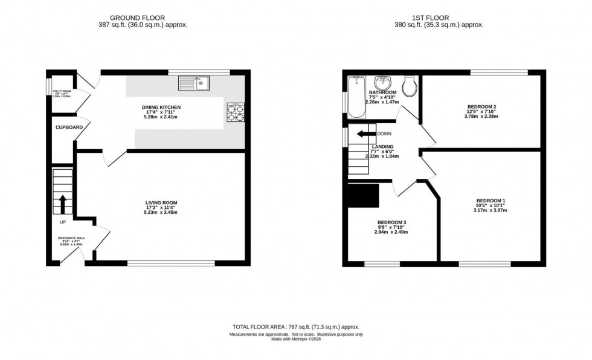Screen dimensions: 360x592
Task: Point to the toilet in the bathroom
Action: (x=409, y=86)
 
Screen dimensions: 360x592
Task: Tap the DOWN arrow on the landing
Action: (x=365, y=134)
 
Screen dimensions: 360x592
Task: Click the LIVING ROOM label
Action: (x=161, y=203)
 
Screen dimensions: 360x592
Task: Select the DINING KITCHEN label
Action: (x=161, y=108)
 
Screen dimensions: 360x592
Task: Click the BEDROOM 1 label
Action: (x=491, y=201)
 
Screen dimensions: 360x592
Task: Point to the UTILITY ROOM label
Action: (x=63, y=91)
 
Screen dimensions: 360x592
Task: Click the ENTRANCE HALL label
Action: (x=67, y=238)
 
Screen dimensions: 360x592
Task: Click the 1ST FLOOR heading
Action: (x=439, y=18)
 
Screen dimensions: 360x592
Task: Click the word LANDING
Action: (x=382, y=146)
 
